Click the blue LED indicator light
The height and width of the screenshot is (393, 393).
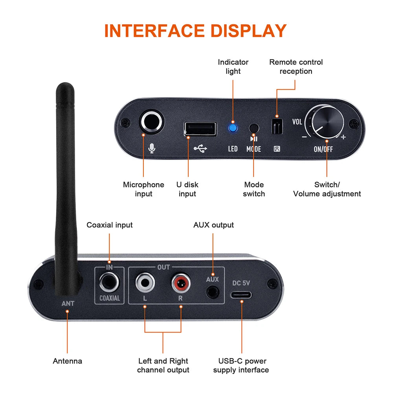coord(233,127)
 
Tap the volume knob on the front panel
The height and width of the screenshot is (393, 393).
coord(326,122)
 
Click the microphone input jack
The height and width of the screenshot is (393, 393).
coord(151,121)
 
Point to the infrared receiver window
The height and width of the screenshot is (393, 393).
coord(277,127)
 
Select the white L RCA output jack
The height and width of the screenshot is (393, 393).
coord(145,283)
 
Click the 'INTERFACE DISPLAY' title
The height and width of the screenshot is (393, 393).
coord(195,31)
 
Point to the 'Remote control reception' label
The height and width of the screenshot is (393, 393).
coord(296,66)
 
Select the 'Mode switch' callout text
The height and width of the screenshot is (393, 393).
coord(253,189)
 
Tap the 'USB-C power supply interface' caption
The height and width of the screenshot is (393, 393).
coord(241,365)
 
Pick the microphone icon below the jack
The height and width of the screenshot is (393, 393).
coord(151,148)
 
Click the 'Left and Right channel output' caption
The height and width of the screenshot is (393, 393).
coord(163,365)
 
